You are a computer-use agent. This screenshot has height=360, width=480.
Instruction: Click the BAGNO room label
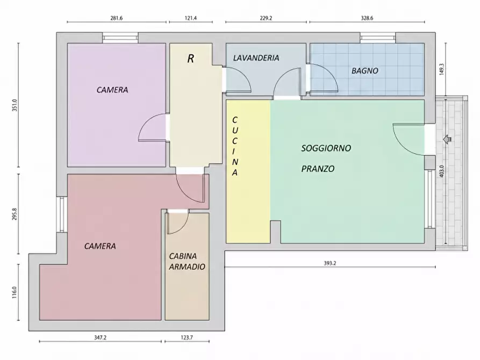tap(364, 71)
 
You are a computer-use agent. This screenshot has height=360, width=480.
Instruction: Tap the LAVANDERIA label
tap(256, 58)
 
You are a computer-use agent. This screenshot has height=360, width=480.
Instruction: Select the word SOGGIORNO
tap(326, 148)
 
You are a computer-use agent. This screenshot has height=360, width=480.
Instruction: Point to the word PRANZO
tap(318, 169)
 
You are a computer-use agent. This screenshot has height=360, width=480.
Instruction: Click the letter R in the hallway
tap(190, 59)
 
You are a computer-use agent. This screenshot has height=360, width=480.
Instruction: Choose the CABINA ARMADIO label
tap(187, 262)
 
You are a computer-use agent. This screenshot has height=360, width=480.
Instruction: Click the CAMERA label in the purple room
tap(112, 90)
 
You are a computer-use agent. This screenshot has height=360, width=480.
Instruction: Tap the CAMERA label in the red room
tap(100, 246)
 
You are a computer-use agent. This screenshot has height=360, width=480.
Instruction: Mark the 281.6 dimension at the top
tap(116, 18)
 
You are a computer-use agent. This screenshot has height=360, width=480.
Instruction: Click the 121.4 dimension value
tap(190, 18)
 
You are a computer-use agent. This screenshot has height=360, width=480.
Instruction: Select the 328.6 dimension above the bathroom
tap(367, 18)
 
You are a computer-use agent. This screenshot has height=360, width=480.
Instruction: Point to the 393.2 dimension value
tap(329, 263)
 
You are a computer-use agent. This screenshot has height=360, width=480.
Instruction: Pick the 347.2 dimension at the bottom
tap(100, 337)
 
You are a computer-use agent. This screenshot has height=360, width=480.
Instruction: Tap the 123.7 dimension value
tap(187, 337)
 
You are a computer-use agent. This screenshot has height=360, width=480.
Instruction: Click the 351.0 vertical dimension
tap(15, 105)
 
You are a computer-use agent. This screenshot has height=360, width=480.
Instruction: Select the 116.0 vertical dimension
tap(15, 292)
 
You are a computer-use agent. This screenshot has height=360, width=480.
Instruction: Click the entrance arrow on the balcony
tap(447, 139)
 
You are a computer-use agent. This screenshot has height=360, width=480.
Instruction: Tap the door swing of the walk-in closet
tap(181, 225)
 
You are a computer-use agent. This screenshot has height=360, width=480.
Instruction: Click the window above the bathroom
tap(378, 38)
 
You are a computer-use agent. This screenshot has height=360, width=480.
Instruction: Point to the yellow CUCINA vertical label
tap(235, 146)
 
